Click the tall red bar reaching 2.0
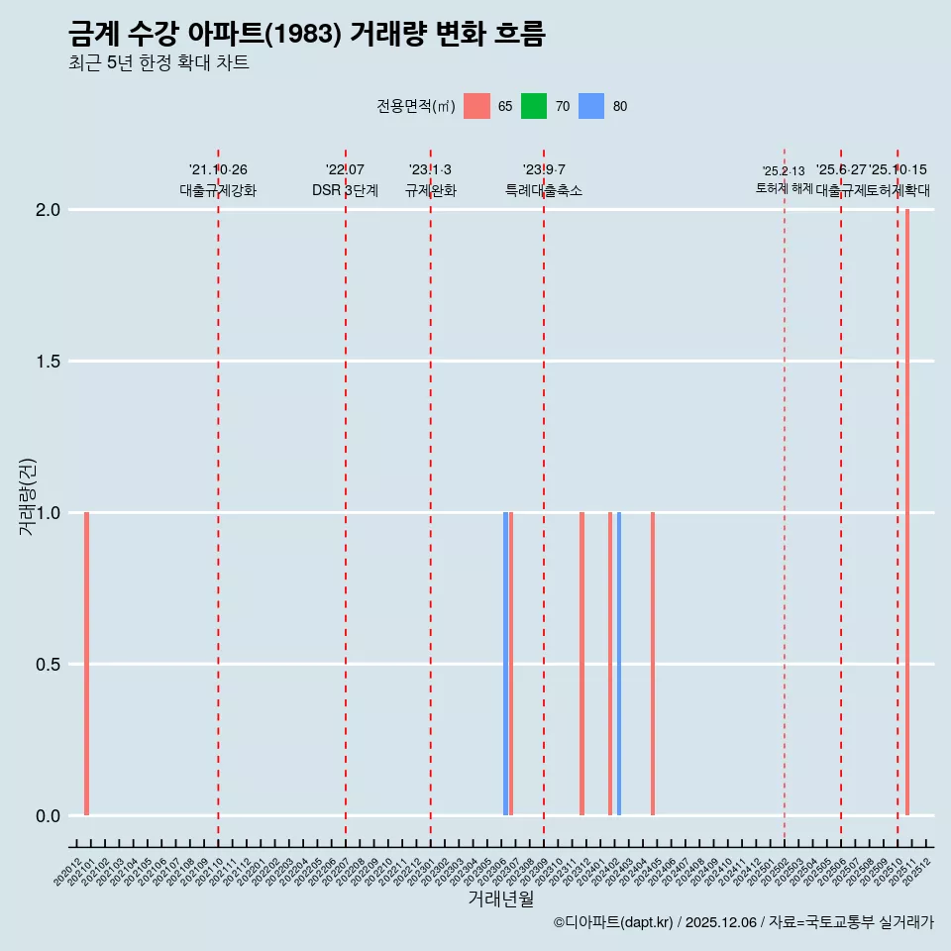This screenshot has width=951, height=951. coord(907,512)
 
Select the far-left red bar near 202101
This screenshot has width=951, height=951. coord(87,664)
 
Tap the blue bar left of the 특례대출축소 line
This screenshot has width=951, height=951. coord(505,664)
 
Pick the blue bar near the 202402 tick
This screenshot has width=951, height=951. coord(619,664)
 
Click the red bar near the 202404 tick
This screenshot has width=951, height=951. coord(653,664)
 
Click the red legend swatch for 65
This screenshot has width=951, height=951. coord(476,106)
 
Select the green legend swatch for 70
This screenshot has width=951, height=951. coord(534,106)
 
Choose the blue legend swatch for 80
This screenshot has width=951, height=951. coord(591,106)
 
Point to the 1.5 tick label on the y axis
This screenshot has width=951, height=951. coord(48,362)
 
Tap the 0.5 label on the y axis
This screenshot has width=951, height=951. coord(48,665)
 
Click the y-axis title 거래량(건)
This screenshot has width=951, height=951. coord(28,495)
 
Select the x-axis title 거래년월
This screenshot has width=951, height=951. coord(500,899)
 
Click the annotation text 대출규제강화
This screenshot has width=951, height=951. coord(218,190)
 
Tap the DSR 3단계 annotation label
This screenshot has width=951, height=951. coord(345,190)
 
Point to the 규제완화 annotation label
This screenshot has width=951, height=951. coord(430,190)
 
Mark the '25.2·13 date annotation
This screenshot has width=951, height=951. coord(784,171)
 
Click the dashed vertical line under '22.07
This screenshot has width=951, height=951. coord(346,495)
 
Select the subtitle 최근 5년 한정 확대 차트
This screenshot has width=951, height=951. coord(158,63)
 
